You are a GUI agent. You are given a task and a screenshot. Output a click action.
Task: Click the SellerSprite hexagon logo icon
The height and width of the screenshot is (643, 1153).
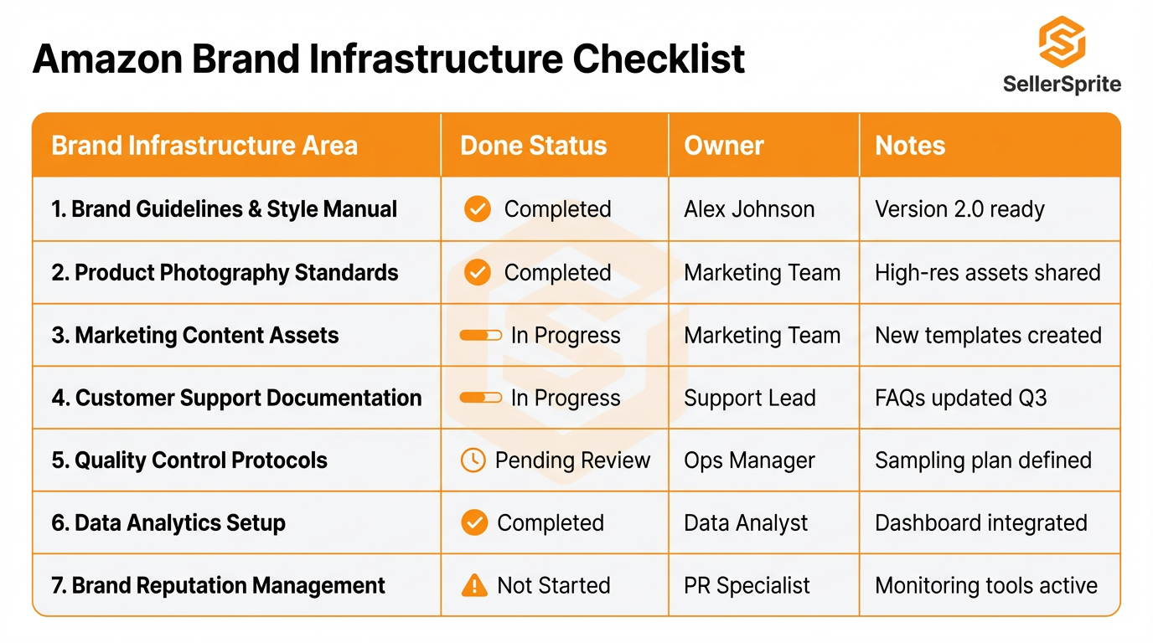[x=1062, y=41]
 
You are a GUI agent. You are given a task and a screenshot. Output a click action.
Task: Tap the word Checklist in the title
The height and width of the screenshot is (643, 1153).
[x=659, y=59]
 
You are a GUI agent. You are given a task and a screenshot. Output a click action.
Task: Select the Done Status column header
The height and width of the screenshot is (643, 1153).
[x=533, y=146]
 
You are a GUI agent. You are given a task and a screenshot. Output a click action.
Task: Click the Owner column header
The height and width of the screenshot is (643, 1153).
[x=723, y=146]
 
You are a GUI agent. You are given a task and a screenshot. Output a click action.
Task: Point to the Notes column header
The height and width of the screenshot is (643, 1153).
[x=910, y=146]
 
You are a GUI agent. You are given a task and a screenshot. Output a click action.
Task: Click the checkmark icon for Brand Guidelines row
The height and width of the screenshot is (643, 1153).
[x=478, y=208]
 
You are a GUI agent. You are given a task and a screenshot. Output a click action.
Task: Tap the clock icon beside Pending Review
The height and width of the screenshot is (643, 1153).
[x=473, y=460]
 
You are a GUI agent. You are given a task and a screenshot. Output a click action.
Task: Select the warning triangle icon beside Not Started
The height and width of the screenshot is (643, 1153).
[x=474, y=585]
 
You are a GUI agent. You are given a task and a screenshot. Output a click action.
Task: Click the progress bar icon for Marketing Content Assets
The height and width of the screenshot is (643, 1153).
[x=481, y=335]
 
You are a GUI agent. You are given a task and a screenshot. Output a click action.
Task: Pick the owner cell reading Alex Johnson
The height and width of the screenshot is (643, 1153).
[x=749, y=208]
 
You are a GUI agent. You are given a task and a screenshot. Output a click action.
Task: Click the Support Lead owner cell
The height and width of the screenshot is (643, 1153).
[x=749, y=398]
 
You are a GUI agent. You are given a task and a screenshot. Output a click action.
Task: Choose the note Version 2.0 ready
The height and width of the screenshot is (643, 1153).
[x=959, y=208]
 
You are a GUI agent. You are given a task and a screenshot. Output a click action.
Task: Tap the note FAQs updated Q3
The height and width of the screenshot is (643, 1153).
[x=960, y=398]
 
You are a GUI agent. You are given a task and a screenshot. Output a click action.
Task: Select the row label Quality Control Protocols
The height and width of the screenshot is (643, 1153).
[x=189, y=460]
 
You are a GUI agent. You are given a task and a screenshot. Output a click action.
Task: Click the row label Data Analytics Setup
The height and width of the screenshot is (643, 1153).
[x=168, y=522]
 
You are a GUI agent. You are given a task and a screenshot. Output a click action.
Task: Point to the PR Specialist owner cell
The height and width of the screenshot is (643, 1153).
[x=747, y=585]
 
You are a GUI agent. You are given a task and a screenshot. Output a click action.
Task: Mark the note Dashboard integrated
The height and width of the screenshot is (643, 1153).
[x=980, y=522]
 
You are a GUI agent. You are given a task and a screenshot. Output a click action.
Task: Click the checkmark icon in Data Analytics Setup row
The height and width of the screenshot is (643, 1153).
[x=474, y=522]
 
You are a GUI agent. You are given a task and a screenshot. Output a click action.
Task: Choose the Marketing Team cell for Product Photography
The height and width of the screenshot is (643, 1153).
[x=762, y=272]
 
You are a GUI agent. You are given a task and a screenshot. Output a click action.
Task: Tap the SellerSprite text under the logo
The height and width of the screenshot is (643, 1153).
[x=1062, y=84]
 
